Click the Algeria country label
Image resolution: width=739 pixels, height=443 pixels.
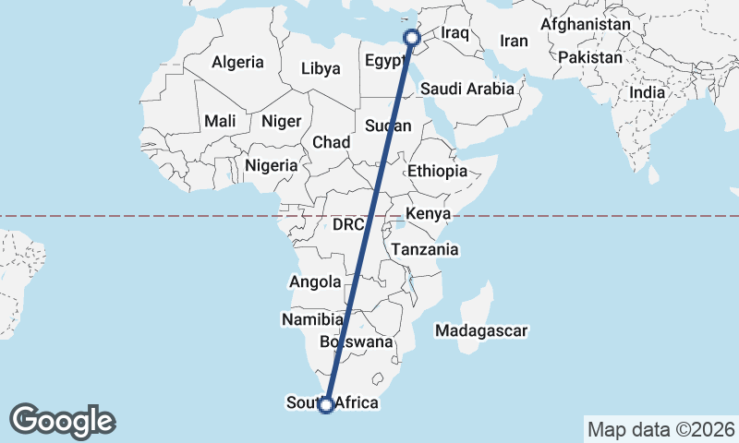[x=237, y=63]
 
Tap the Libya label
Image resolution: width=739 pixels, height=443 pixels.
[x=321, y=68]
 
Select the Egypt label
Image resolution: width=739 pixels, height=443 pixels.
[x=385, y=62]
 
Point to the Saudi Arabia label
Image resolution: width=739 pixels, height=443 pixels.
[x=466, y=90]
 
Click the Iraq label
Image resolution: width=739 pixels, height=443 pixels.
[x=456, y=33]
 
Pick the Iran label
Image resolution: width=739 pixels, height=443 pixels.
[x=514, y=41]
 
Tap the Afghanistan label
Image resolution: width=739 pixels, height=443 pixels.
[x=586, y=24]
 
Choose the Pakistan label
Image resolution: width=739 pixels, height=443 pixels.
[x=590, y=57]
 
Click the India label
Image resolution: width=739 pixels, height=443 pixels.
[x=647, y=92]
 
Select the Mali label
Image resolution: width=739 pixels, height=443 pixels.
[x=220, y=121]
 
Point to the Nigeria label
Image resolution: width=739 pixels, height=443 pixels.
[x=272, y=166]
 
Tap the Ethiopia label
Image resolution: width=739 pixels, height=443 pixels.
[x=437, y=171]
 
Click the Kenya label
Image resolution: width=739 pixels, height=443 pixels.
[x=428, y=215]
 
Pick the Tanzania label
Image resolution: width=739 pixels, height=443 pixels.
[x=424, y=249]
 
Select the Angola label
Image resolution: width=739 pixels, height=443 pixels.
[x=316, y=282]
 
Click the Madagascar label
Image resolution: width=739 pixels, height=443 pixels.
[x=481, y=330]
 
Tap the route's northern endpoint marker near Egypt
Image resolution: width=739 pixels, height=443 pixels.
[x=412, y=38]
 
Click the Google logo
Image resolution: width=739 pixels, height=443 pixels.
[x=63, y=421]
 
